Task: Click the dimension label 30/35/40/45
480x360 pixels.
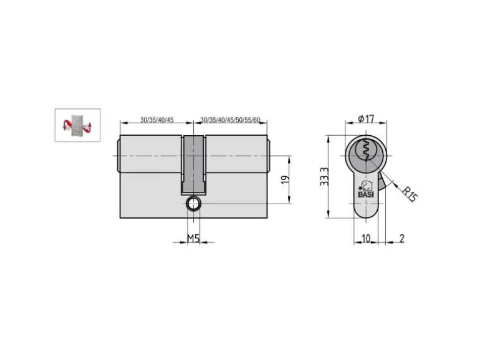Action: pyautogui.click(x=156, y=120)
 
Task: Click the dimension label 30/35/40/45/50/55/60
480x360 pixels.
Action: pyautogui.click(x=230, y=120)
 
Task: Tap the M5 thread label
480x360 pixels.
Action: pyautogui.click(x=193, y=238)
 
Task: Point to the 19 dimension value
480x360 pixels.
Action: pyautogui.click(x=285, y=179)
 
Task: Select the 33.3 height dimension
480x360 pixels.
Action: pyautogui.click(x=324, y=176)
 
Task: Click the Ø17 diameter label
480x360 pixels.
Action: pyautogui.click(x=366, y=118)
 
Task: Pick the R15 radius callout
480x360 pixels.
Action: pyautogui.click(x=410, y=194)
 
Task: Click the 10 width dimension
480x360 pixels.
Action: pyautogui.click(x=366, y=239)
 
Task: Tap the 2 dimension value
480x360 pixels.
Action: pyautogui.click(x=402, y=239)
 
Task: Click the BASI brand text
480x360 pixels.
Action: pyautogui.click(x=366, y=194)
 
